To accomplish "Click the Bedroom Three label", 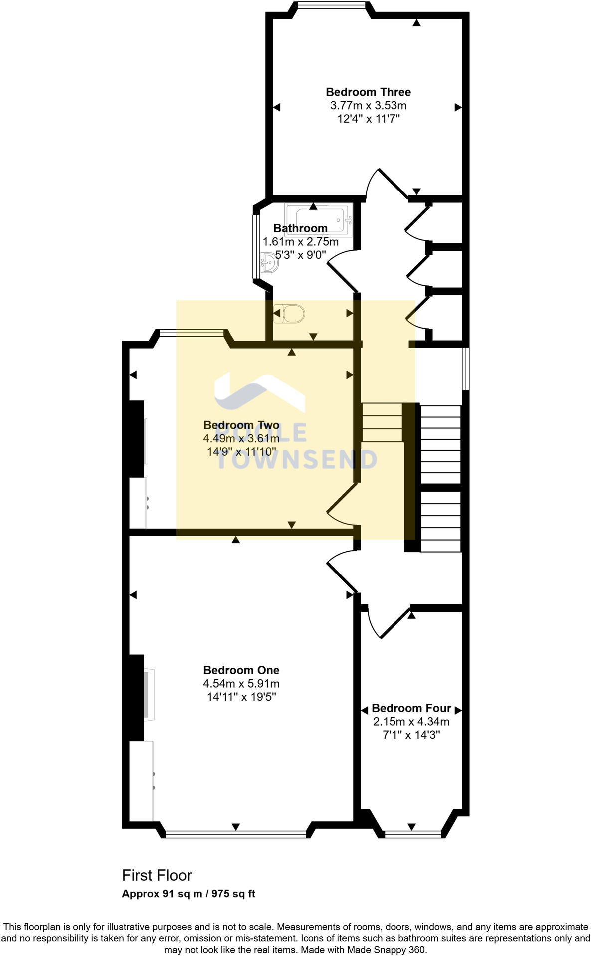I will click(x=368, y=92).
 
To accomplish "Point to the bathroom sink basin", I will click(x=270, y=262).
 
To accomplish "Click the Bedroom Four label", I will click(x=411, y=708).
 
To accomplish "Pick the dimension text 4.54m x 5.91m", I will click(x=241, y=683).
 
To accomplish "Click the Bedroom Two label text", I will click(x=241, y=425).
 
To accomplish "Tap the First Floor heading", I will click(x=157, y=875).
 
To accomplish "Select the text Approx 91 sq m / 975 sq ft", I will click(x=189, y=894).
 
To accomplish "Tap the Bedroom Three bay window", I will click(x=331, y=5).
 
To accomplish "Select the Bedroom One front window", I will click(x=235, y=833).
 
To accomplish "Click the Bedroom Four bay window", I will click(x=413, y=833).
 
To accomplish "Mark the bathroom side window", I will click(x=256, y=246).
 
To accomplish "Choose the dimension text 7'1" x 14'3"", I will click(x=411, y=735).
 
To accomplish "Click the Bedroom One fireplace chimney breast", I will click(x=134, y=697).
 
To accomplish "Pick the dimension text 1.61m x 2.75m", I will click(x=300, y=242).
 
